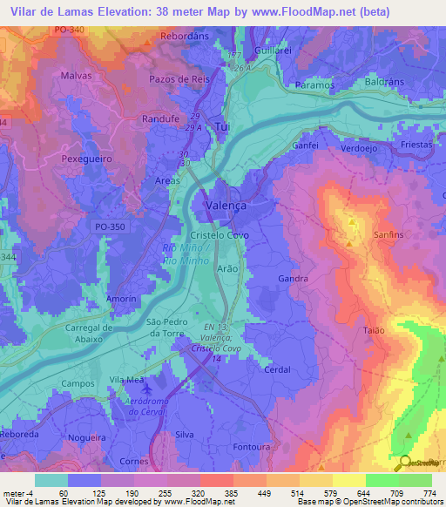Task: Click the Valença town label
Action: [x=226, y=205]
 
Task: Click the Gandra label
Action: [x=293, y=279]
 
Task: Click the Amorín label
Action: [x=121, y=299]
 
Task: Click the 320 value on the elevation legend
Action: [x=184, y=492]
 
